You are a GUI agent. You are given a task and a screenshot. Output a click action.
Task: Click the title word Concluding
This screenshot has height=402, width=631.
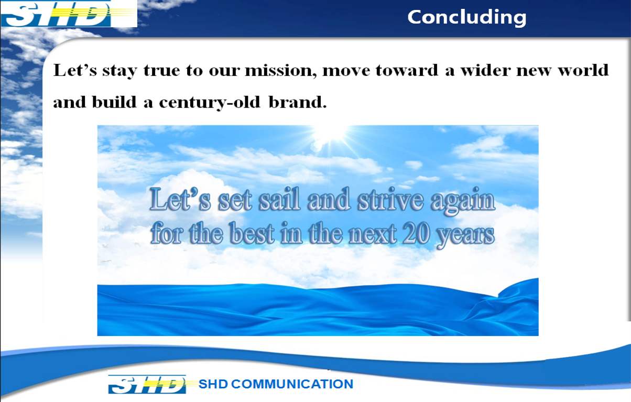[467, 17]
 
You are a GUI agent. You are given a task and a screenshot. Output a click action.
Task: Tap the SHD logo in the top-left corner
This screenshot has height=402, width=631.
[69, 14]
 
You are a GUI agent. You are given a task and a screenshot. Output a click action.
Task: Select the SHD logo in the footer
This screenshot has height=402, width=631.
[147, 384]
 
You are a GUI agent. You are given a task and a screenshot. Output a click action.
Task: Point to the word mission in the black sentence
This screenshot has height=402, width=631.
[281, 70]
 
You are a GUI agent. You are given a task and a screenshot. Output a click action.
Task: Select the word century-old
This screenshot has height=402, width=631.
[210, 102]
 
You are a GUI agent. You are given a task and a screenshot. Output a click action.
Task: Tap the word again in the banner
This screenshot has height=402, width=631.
[463, 201]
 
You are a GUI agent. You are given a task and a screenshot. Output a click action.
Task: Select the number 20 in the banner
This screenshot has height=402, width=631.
[416, 233]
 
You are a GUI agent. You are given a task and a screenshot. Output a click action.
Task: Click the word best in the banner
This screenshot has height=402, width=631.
[252, 233]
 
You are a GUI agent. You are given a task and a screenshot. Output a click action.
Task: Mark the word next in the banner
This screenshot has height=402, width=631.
[373, 234]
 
